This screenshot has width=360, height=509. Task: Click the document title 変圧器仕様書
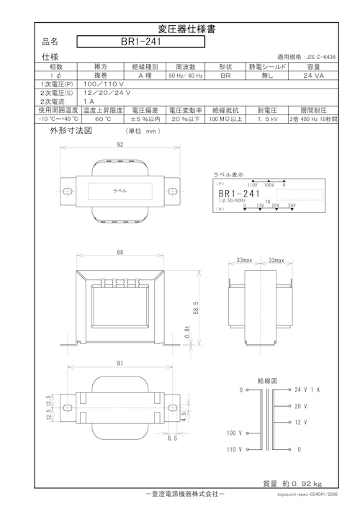click(179, 29)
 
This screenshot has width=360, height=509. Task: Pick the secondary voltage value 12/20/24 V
click(107, 94)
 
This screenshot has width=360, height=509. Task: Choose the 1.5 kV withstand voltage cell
click(269, 120)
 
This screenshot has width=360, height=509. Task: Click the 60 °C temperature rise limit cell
click(102, 120)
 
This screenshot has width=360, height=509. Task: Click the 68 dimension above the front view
click(120, 253)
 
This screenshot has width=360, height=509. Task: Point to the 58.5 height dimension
click(196, 307)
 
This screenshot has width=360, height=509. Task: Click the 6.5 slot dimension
click(172, 438)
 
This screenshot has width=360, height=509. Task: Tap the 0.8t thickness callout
click(186, 333)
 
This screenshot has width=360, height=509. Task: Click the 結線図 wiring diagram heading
click(267, 379)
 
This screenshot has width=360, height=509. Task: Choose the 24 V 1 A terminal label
click(308, 389)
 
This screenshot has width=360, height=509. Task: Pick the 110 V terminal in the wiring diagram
click(235, 449)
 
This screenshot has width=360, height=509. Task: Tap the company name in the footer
click(179, 495)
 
